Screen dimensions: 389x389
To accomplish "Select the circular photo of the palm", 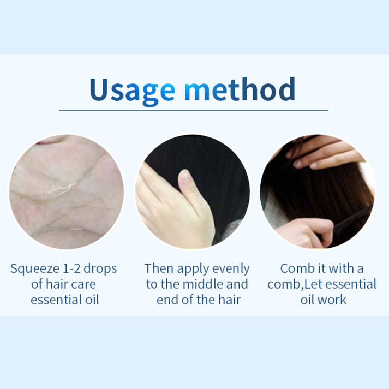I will [67, 191].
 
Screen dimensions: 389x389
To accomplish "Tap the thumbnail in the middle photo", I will [185, 176].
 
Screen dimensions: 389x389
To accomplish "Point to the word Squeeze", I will [34, 269].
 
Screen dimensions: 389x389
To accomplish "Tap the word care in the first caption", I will [83, 284].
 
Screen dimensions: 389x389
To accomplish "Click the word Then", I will [158, 268].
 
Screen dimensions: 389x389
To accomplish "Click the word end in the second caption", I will [167, 300].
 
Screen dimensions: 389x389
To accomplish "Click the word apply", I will [190, 270].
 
